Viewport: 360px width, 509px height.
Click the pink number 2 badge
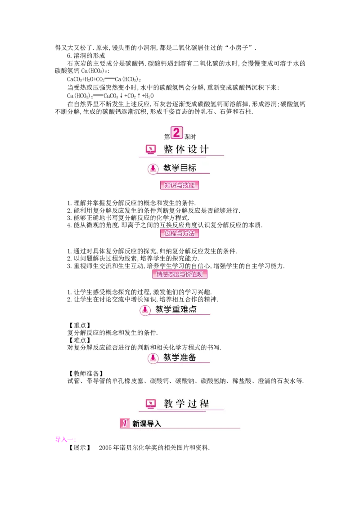click(x=176, y=133)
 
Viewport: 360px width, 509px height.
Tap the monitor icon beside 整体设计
click(x=151, y=149)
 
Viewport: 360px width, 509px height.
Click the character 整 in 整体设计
click(x=168, y=149)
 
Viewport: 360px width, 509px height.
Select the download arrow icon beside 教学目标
click(x=153, y=169)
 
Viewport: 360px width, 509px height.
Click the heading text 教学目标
click(x=180, y=168)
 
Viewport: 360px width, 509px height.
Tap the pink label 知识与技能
click(x=180, y=185)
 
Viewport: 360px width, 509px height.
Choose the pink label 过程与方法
click(x=180, y=233)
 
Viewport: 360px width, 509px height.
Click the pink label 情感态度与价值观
click(x=180, y=274)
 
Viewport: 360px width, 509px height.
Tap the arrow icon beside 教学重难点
click(x=145, y=310)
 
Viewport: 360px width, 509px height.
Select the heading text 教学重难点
click(x=176, y=309)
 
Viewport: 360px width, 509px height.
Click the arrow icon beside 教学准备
click(x=153, y=358)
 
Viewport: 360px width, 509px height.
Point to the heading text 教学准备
click(x=180, y=357)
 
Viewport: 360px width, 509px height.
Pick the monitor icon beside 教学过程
click(x=151, y=403)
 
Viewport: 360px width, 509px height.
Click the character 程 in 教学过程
click(x=204, y=404)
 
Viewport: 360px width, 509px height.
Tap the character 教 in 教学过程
click(x=168, y=404)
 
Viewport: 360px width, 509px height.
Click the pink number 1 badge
click(x=125, y=423)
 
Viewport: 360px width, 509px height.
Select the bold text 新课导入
click(x=146, y=424)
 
